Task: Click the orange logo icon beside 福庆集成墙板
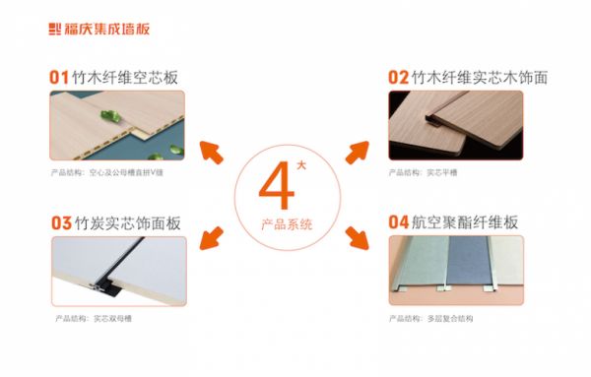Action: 55,29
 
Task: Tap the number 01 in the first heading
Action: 60,76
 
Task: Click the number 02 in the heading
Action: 399,76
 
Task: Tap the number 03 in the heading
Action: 61,222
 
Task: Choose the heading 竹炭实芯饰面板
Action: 125,222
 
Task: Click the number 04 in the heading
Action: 399,221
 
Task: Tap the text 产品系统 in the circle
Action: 287,225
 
